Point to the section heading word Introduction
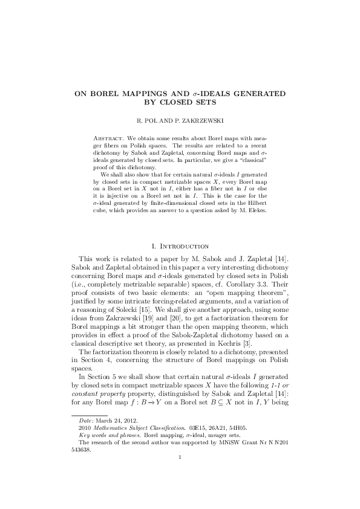pyautogui.click(x=188, y=246)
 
